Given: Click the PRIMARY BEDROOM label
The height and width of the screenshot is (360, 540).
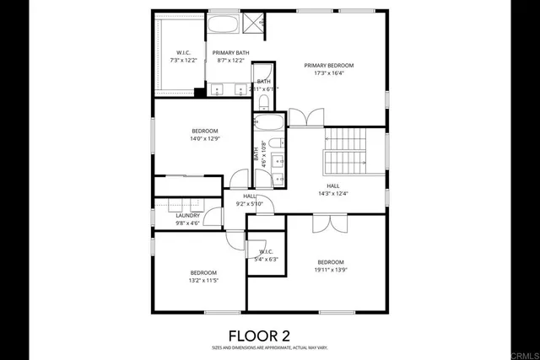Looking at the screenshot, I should click(328, 65).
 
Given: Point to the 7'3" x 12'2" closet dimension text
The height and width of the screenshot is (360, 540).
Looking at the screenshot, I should click(183, 61).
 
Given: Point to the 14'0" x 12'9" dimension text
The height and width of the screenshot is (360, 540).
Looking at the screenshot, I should click(205, 139).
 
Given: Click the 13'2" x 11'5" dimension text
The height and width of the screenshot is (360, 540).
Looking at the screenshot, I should click(203, 281).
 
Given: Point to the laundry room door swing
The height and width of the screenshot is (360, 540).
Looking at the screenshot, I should click(212, 217).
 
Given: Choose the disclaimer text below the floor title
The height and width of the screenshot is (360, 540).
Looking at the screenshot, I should click(269, 347).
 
